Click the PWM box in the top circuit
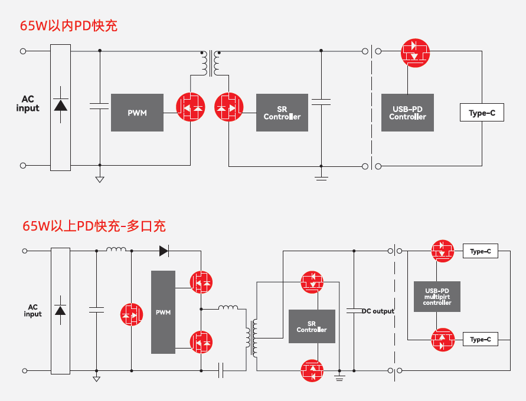[x=137, y=112]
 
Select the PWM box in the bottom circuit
[x=163, y=312]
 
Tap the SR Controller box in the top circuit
[x=282, y=112]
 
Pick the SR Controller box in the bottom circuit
[x=312, y=326]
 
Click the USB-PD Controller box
[x=407, y=112]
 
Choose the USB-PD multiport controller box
[x=437, y=296]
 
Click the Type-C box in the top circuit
[x=482, y=113]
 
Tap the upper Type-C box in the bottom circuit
[x=480, y=252]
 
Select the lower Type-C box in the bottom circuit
[x=480, y=340]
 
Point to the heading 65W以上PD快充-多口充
[x=94, y=226]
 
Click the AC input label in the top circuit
[x=28, y=103]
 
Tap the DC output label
[x=378, y=311]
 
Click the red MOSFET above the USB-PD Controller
[x=416, y=52]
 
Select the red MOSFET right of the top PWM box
[x=191, y=107]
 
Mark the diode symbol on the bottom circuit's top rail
[x=164, y=251]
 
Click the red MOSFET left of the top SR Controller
[x=228, y=107]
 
